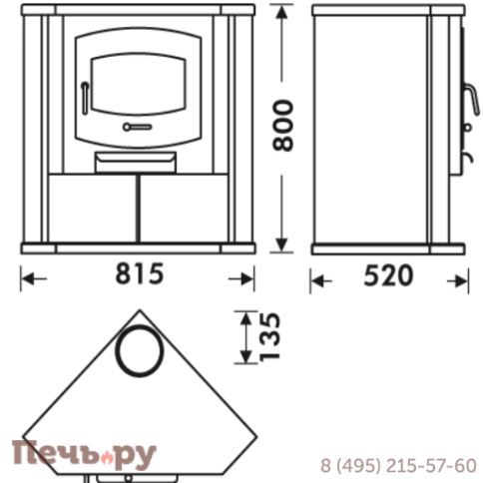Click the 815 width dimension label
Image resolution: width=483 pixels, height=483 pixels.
tap(140, 273)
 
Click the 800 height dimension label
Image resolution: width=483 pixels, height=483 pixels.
tap(283, 126)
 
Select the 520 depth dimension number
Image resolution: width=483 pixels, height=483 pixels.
tap(388, 275)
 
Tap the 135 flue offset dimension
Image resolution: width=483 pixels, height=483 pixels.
tap(269, 336)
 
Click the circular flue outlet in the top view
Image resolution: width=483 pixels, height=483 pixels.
tap(140, 350)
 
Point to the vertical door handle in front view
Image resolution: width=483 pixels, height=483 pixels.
tap(85, 98)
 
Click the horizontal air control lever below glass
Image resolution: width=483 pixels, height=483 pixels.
tap(138, 127)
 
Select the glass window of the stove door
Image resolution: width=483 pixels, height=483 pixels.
tap(139, 84)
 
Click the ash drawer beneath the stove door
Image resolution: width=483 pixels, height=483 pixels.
tap(136, 162)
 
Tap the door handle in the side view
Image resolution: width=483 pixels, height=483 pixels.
tap(472, 99)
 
